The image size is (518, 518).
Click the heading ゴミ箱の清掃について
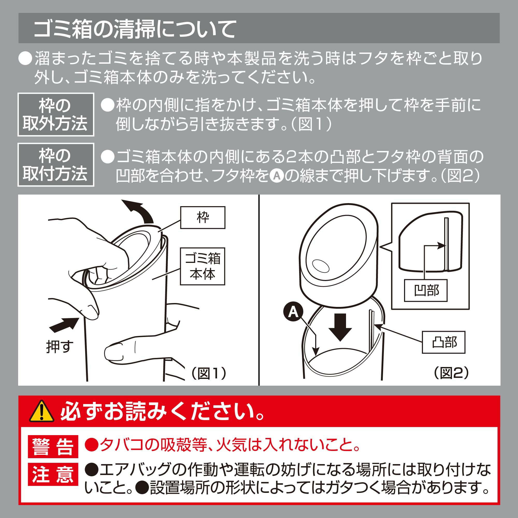[135, 29]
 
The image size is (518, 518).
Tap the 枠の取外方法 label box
[56, 114]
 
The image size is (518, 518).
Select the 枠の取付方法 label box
[56, 165]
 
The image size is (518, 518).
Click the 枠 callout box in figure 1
[203, 218]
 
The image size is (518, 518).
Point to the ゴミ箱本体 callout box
[203, 266]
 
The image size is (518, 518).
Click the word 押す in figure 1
[60, 347]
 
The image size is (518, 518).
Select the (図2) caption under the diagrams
[451, 372]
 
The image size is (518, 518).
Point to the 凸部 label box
[443, 342]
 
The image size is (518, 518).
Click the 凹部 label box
[426, 290]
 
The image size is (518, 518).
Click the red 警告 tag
[53, 447]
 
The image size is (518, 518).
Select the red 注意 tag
[53, 474]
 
